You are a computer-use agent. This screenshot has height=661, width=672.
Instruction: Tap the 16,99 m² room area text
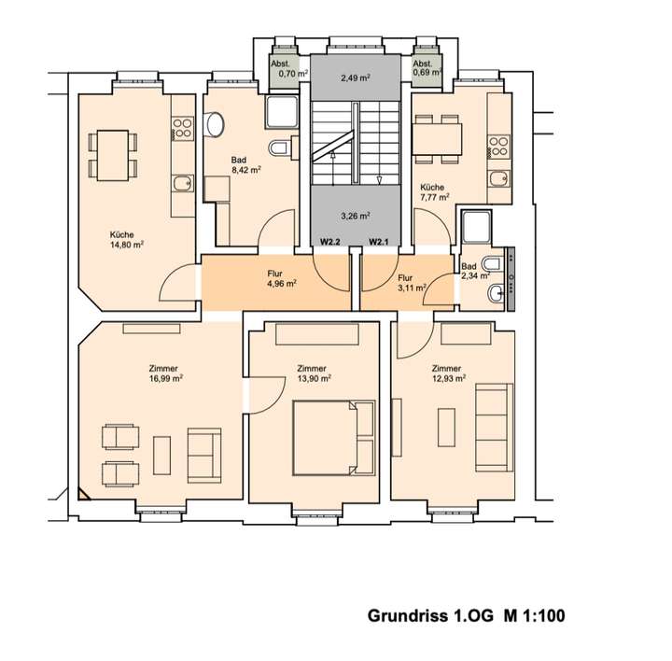click(163, 379)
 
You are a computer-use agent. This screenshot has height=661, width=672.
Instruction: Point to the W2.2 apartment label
click(330, 243)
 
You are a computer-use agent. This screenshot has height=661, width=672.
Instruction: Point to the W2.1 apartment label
click(379, 243)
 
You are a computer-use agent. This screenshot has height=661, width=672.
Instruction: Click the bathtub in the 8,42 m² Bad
click(279, 113)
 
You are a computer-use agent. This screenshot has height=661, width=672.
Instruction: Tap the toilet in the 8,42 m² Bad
click(279, 148)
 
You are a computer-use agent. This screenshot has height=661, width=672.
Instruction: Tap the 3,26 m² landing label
click(354, 217)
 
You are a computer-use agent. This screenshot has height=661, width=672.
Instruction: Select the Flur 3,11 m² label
click(409, 284)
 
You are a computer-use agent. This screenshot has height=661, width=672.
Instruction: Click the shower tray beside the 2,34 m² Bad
click(476, 228)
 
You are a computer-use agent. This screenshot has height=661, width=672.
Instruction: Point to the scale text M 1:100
click(534, 616)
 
